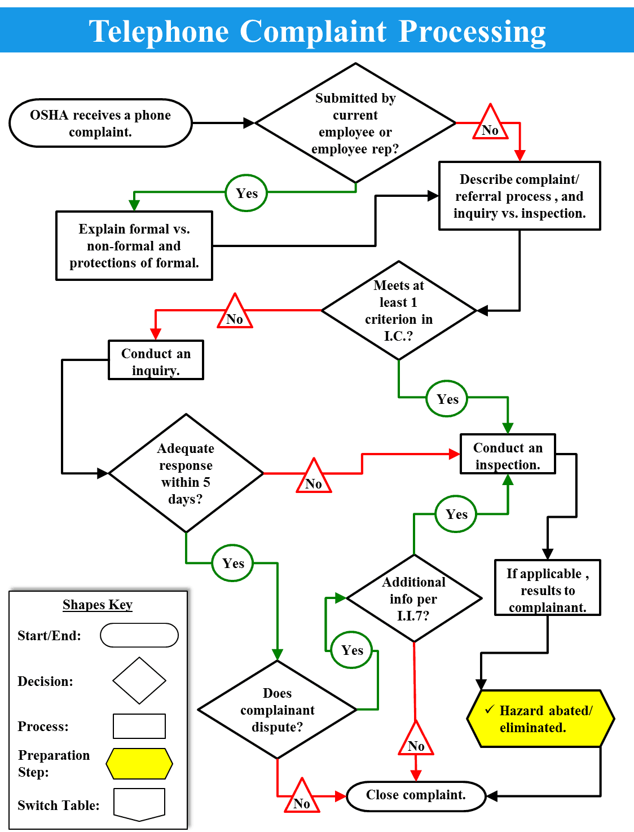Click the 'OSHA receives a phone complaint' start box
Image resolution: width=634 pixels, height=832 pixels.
point(100,123)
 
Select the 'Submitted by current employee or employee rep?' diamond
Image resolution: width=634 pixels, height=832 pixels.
point(355,123)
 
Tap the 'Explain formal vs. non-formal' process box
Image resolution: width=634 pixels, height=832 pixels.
point(134,246)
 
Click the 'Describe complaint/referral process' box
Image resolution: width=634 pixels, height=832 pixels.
point(519,196)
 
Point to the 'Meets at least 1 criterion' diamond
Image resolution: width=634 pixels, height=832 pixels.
point(399,310)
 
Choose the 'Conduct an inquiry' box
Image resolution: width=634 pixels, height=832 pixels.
point(156,360)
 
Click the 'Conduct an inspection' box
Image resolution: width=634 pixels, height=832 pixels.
point(508,455)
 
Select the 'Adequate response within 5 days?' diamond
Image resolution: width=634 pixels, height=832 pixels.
point(186,473)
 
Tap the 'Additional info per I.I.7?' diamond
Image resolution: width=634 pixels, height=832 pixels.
point(413,598)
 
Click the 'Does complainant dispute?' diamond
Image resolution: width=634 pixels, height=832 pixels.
point(277,710)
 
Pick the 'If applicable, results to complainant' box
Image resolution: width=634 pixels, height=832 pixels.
point(547,588)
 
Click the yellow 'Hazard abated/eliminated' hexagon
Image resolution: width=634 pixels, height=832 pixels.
point(540,719)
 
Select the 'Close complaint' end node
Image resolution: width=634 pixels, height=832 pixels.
point(416,795)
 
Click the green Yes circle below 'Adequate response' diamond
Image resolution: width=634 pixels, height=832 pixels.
point(232,563)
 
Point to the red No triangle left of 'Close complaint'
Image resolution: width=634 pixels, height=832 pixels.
point(302,799)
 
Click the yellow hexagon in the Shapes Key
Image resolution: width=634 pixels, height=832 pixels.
point(139,764)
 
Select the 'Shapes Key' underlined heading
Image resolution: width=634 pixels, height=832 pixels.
point(98,605)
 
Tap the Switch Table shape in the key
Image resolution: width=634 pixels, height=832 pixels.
point(139,804)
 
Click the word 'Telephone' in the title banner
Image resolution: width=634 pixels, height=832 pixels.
point(158,31)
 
